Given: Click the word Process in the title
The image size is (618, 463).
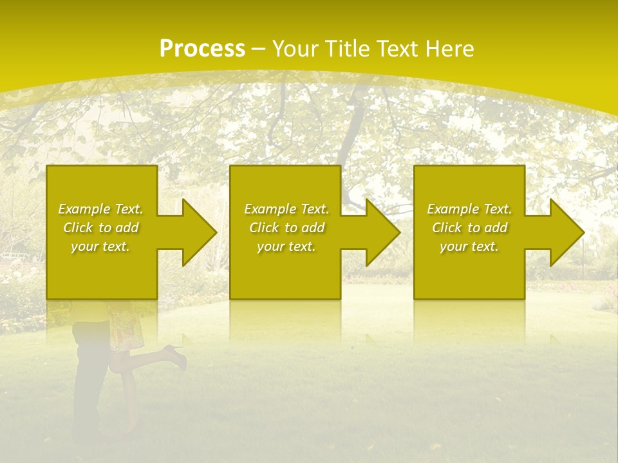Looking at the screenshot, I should coord(202,49).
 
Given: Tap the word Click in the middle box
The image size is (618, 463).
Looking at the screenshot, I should coord(265,228).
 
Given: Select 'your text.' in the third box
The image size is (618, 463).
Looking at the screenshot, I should coord(469,246).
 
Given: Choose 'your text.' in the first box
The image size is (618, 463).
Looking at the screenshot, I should coord(100,246).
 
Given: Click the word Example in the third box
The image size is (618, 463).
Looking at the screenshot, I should coord(450,209).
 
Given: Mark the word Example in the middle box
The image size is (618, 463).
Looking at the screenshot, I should coord(267,209).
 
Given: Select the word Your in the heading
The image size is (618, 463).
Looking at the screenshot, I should coord(295,49).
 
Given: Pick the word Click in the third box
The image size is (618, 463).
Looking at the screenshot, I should coord(447,228).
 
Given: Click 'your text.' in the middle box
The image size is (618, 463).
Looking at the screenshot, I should coord(286,246).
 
